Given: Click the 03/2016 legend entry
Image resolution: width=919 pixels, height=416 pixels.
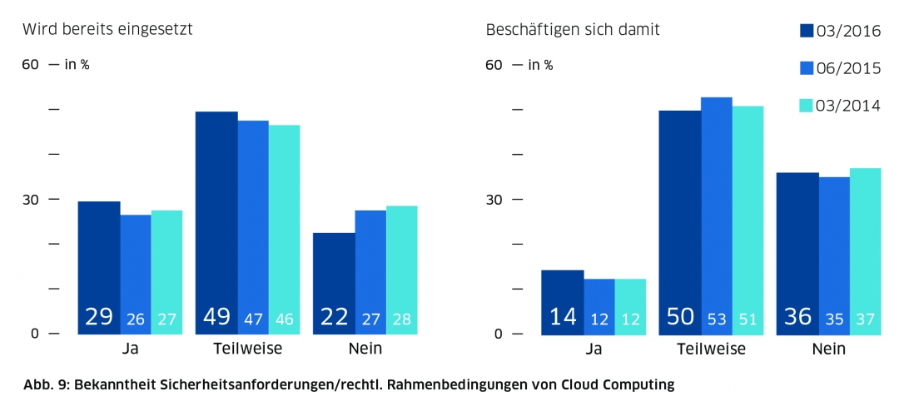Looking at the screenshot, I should click(x=839, y=31).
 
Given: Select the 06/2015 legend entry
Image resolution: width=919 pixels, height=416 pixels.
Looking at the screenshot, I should click(x=839, y=68).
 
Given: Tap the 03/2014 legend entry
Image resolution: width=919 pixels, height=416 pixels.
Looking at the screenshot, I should click(x=839, y=106).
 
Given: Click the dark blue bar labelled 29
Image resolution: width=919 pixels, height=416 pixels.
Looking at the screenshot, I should click(x=99, y=266).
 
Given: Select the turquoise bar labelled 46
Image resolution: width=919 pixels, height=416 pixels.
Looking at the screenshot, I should click(x=284, y=229).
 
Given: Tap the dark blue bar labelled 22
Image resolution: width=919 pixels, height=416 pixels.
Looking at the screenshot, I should click(x=334, y=283).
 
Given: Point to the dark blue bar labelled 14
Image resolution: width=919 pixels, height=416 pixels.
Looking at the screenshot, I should click(x=563, y=301).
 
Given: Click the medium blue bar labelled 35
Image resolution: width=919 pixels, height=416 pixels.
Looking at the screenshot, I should click(x=834, y=255).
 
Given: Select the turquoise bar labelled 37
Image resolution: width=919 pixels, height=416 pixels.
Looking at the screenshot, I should click(x=865, y=250).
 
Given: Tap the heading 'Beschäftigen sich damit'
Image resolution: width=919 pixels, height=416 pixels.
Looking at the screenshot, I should click(x=573, y=31).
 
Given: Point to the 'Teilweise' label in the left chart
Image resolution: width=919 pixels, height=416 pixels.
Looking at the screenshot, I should click(x=247, y=349).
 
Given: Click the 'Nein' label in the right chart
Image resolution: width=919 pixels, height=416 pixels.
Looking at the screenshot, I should click(x=828, y=349).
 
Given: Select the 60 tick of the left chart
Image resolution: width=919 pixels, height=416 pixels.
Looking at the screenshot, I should click(x=30, y=65).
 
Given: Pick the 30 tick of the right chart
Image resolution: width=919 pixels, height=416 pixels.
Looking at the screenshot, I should click(x=494, y=200).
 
